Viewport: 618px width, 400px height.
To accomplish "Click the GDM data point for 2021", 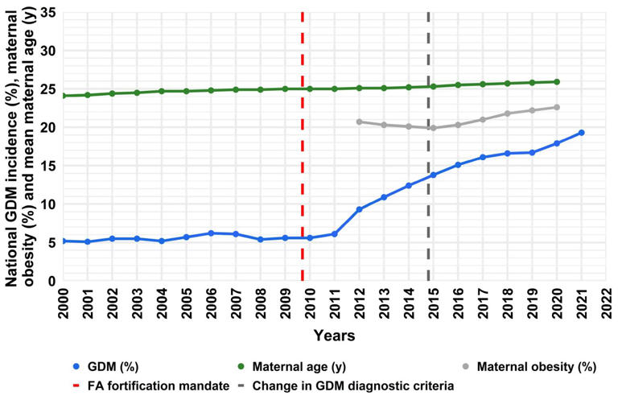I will (581, 132).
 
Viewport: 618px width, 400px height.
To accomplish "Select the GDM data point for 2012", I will (359, 209).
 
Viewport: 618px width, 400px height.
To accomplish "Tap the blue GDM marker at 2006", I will (211, 233).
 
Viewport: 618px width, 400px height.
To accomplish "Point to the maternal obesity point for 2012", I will (359, 122).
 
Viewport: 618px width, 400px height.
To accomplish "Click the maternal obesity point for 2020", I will (557, 107).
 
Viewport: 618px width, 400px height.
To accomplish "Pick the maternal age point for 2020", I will (557, 81).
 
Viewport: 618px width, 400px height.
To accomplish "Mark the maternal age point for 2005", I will (186, 91).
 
